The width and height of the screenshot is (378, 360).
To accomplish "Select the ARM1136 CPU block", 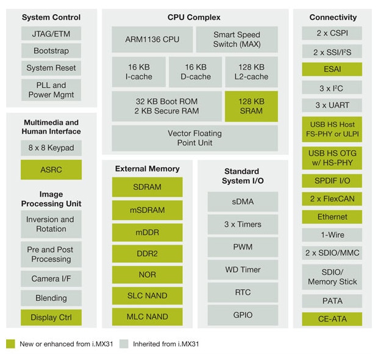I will [x=152, y=39].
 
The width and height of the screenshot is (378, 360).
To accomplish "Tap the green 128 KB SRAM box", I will [x=251, y=106].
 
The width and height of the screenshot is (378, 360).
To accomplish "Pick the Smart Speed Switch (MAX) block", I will [x=237, y=39].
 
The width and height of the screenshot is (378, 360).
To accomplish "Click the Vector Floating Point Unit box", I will [x=194, y=138].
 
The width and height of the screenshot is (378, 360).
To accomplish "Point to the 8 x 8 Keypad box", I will [x=51, y=148].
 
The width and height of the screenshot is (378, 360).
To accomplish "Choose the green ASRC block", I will [x=51, y=169].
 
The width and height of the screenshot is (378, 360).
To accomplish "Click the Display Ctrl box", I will [x=51, y=317].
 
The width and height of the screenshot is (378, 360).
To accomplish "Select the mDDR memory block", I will [x=147, y=232].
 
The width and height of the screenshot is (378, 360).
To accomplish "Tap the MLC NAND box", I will [x=147, y=317].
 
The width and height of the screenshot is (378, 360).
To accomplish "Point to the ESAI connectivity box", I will [x=332, y=70].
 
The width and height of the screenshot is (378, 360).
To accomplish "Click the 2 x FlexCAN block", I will [x=332, y=198].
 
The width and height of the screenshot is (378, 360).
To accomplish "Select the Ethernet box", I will [x=332, y=217].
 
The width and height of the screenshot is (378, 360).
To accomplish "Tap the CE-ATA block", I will [x=332, y=319].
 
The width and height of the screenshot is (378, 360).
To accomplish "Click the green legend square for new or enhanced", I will [x=10, y=344].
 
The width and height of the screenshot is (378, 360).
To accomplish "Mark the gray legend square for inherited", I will [x=125, y=344].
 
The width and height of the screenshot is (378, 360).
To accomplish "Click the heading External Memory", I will [x=147, y=168].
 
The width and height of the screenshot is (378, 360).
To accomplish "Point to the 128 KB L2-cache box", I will [x=251, y=72].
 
